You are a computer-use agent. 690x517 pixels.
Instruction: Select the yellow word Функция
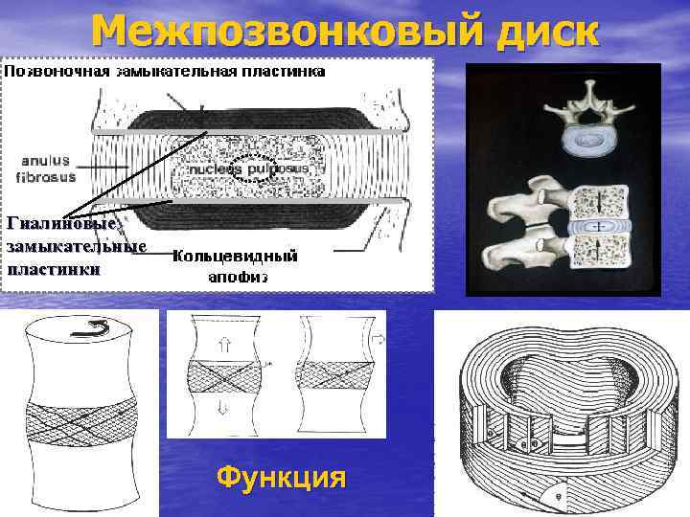[x=281, y=476]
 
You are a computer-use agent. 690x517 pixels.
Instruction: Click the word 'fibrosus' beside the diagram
[x=46, y=176]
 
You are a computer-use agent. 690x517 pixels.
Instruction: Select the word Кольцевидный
[x=235, y=257]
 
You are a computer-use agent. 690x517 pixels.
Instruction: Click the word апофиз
[x=237, y=278]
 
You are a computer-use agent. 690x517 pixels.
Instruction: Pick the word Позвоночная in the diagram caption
[x=57, y=71]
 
